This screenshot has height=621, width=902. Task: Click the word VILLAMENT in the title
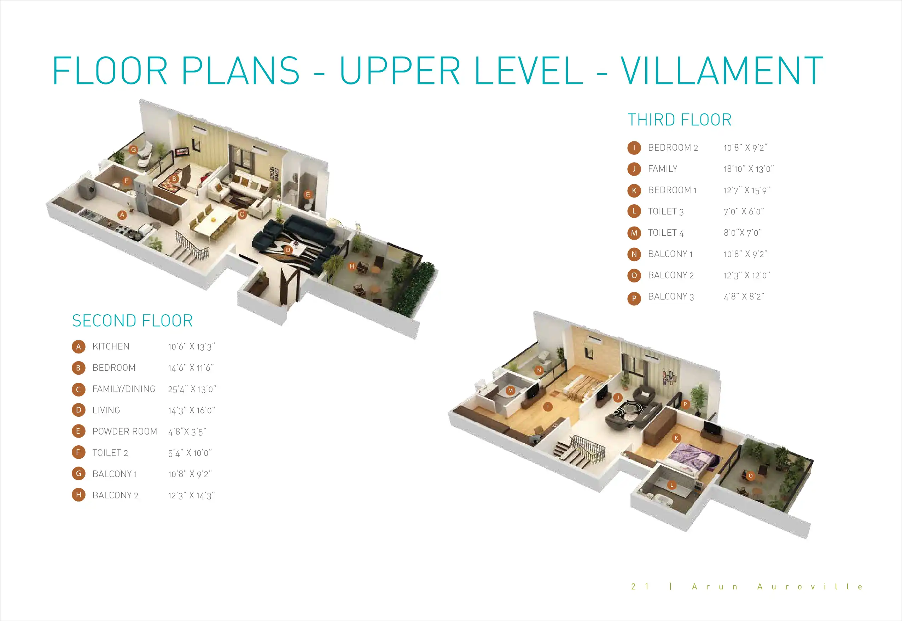(x=721, y=70)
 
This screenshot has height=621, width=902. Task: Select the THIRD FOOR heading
(x=679, y=120)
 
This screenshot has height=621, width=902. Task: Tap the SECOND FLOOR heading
(x=132, y=321)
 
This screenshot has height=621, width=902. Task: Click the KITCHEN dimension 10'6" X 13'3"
(x=191, y=347)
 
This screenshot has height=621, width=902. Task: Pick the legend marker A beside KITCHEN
(x=78, y=347)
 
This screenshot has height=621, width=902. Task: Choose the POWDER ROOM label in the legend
(x=124, y=432)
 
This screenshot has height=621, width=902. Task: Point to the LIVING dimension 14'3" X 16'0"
(x=191, y=410)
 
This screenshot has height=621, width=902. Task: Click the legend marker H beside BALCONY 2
(x=78, y=495)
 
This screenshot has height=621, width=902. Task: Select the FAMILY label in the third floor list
(x=663, y=169)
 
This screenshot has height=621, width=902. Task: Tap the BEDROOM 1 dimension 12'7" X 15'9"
(x=747, y=190)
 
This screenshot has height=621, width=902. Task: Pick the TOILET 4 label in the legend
(x=666, y=233)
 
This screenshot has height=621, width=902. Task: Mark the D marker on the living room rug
(x=288, y=250)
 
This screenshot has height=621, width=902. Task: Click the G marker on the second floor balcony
(x=134, y=150)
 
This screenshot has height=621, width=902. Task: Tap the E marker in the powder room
(x=308, y=194)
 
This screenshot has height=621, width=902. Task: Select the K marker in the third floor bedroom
(x=676, y=438)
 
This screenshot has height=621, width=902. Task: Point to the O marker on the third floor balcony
(x=751, y=475)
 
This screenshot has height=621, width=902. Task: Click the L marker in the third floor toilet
(x=671, y=485)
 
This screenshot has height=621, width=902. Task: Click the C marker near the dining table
(x=242, y=215)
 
